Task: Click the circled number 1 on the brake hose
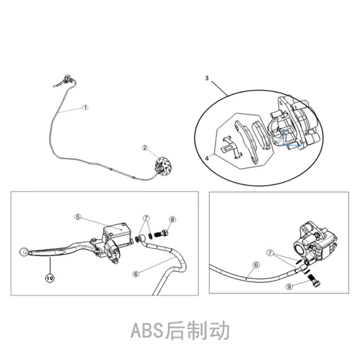85,107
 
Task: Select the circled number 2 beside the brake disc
144,147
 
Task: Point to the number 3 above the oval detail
206,78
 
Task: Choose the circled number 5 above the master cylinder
78,217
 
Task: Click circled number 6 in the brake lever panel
135,273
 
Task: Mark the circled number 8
172,219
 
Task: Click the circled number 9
288,286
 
